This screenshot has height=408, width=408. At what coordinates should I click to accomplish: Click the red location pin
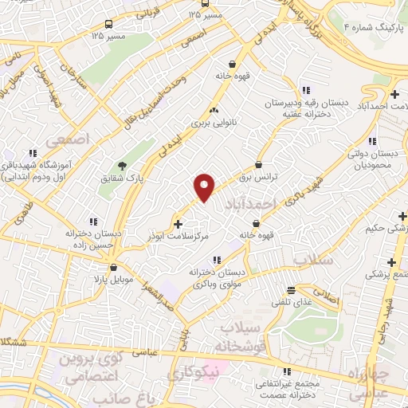tap(205, 186)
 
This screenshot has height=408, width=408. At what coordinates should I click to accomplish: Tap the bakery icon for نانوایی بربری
tap(213, 111)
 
